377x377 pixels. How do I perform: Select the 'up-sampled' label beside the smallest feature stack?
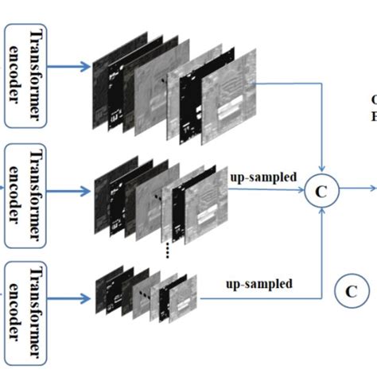259,283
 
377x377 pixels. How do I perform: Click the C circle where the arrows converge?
323,191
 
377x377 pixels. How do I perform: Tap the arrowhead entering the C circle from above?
322,171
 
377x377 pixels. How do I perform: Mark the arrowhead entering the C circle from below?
322,211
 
